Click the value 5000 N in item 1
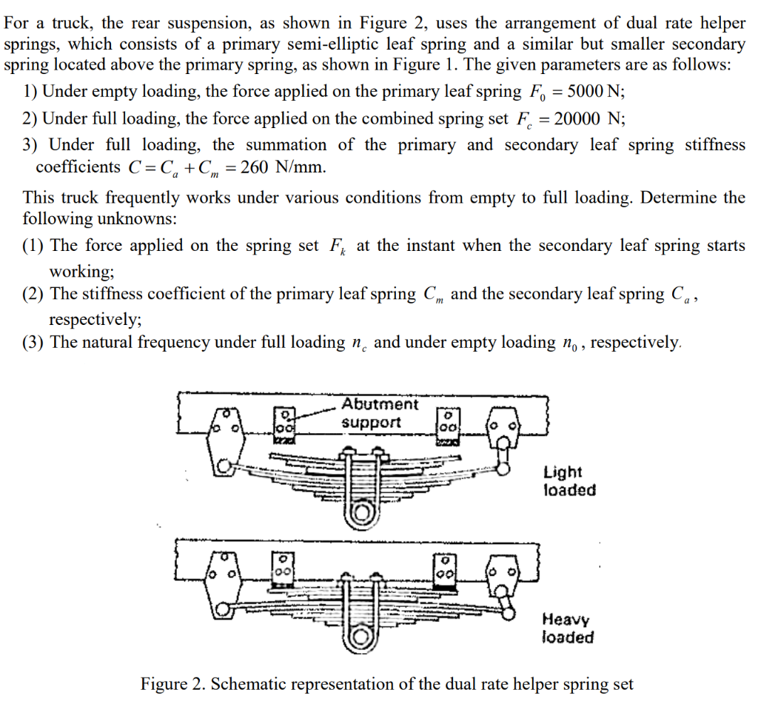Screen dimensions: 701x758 click(x=588, y=93)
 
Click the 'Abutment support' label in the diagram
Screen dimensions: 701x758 click(x=379, y=413)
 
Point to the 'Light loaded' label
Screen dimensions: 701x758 click(x=568, y=481)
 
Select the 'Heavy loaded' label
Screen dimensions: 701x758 click(x=568, y=628)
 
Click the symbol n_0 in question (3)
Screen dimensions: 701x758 click(x=568, y=343)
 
